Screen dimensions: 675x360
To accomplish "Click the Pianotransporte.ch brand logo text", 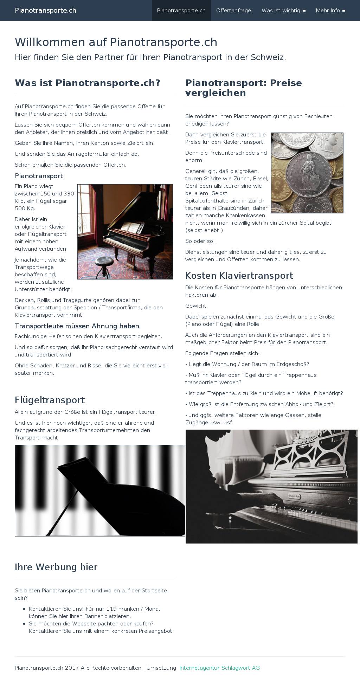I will pos(45,11).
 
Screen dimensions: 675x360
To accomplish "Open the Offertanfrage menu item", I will pos(233,11).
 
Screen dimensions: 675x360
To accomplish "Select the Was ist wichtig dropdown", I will pos(283,11).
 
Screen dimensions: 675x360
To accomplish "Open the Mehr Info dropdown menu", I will pos(330,11).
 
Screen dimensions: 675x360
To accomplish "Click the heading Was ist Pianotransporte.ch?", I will pos(88,83).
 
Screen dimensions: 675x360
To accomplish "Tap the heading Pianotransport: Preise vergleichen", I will pos(243,88).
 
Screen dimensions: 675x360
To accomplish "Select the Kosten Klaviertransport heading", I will pos(239,276).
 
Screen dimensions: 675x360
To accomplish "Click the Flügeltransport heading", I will pos(50,400).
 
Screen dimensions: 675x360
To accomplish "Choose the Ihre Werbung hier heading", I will pos(56,567).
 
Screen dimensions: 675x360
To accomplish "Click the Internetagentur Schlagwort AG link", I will pos(219,668).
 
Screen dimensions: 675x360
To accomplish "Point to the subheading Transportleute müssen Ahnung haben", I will pos(77,326).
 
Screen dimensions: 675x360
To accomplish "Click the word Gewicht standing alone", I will pos(196,306).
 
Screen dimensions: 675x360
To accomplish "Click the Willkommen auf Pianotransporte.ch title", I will pos(116,42).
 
